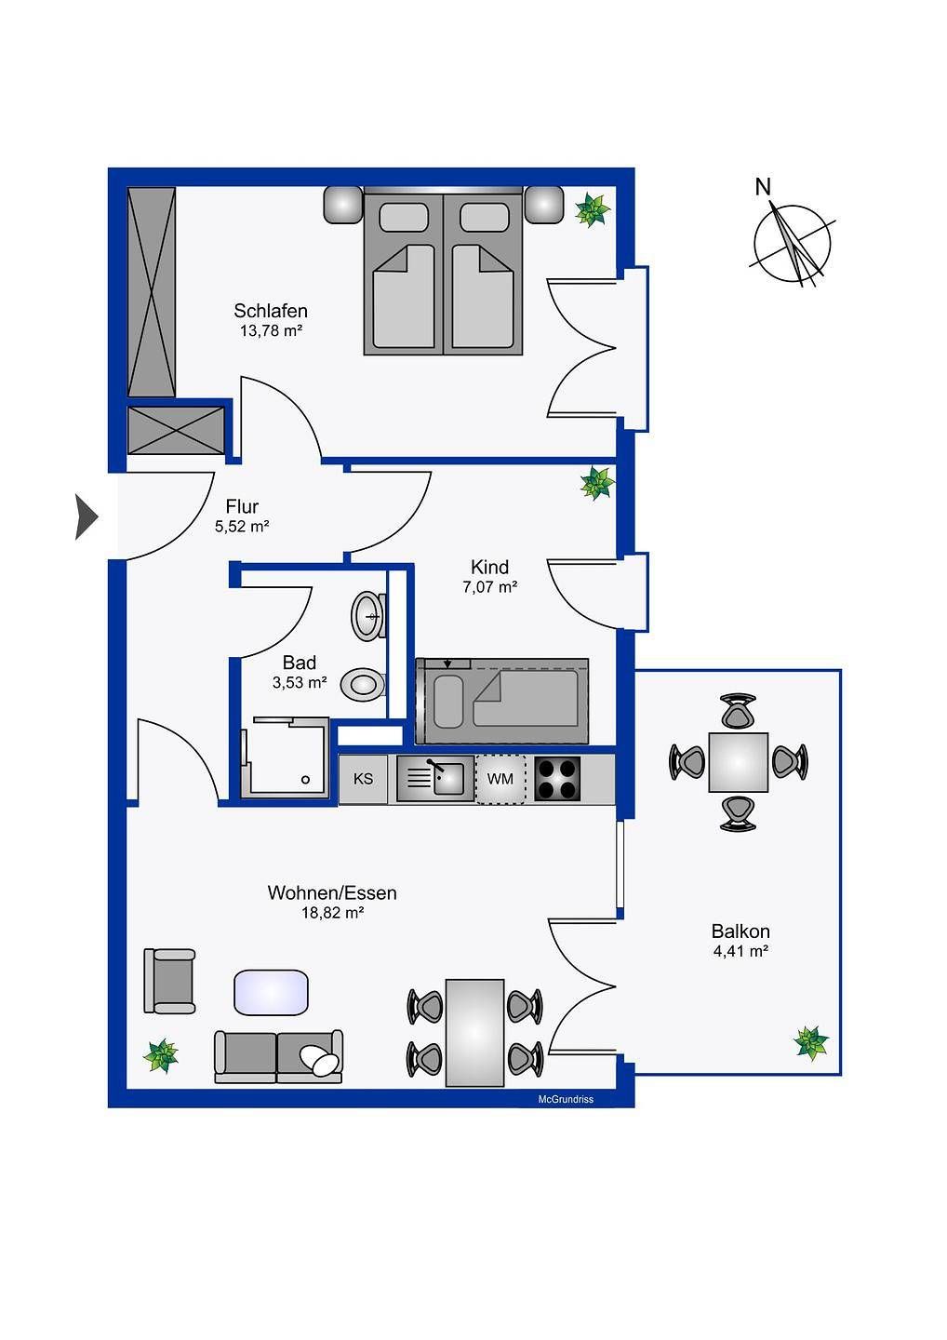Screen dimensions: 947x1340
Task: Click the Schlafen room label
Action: point(270,311)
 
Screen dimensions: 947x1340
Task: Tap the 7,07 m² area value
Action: point(489,587)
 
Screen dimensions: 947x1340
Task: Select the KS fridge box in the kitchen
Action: point(364,779)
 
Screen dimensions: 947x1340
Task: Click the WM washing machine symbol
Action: point(500,779)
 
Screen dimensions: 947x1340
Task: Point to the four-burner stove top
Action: point(556,779)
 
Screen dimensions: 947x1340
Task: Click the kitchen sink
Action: point(435,779)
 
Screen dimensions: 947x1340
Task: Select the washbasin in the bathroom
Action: point(368,616)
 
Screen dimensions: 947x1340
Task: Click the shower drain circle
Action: point(305,780)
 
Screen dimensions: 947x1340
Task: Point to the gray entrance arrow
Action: point(87,516)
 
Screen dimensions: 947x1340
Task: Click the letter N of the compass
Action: point(763,187)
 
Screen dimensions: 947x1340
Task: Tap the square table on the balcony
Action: point(739,762)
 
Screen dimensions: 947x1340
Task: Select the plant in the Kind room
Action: point(597,483)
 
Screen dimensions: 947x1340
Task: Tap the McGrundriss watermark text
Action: point(566,1099)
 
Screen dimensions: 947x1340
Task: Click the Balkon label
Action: point(740,931)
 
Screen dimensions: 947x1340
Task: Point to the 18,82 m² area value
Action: point(333,913)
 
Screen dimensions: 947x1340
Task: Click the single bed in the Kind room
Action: point(502,701)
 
